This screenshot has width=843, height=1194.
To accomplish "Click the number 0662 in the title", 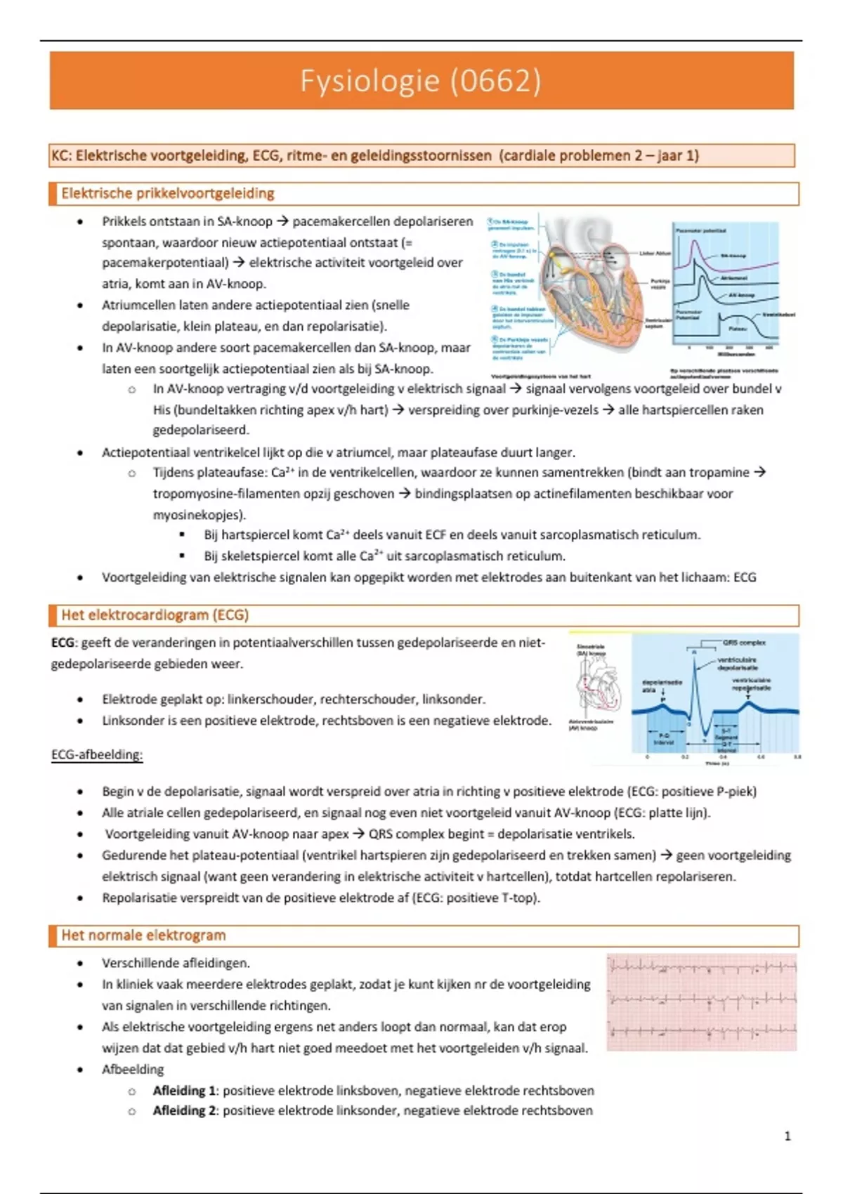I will tap(496, 81).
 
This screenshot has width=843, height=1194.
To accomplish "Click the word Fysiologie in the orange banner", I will tap(370, 81).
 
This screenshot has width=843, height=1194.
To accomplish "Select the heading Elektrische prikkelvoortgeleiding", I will tap(167, 194).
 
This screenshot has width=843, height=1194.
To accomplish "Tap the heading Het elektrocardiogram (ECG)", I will tap(155, 615).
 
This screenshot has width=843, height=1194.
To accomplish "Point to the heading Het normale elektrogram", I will tap(143, 936).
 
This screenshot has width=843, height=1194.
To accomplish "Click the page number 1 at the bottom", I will tap(788, 1136).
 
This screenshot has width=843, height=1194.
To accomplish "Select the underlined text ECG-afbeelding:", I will tap(97, 755).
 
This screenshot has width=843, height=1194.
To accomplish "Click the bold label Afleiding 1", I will tap(184, 1091).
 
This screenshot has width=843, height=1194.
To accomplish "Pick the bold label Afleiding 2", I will tap(184, 1110).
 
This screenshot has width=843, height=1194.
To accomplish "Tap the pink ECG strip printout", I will tap(702, 1002).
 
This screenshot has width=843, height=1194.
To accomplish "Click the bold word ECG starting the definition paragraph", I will tap(63, 643).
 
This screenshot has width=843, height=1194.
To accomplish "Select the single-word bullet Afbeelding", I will tap(133, 1070).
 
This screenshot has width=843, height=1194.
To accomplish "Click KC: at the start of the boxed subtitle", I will tap(61, 156).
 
